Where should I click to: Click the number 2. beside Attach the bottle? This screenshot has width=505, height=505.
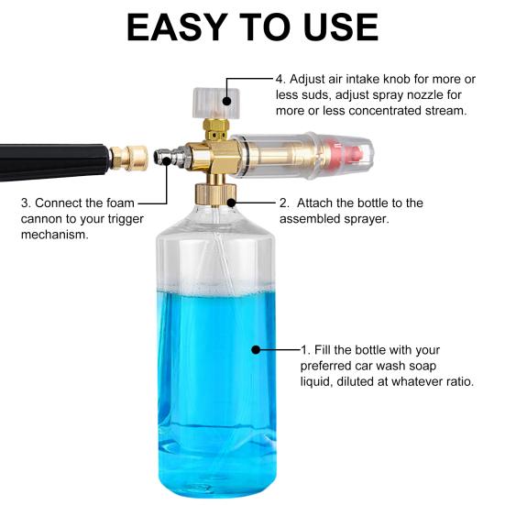[285, 203]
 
